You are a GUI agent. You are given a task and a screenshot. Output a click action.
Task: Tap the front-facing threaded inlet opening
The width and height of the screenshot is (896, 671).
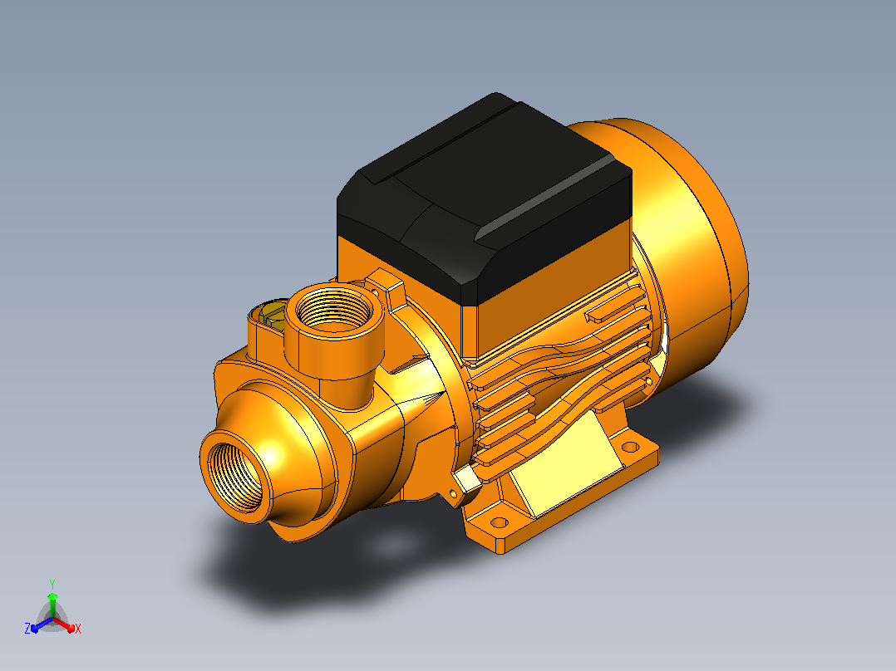[235, 475]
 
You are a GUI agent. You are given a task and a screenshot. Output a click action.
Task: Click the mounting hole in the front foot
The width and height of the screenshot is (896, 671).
[499, 522]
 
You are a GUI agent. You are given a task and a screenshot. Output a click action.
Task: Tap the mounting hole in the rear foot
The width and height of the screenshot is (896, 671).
[630, 447]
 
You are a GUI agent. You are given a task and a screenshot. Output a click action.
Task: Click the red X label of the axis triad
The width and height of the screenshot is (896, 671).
[78, 629]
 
